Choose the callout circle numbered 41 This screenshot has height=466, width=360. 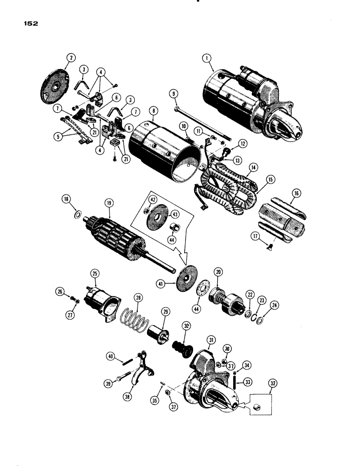(161, 282)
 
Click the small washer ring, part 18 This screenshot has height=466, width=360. (77, 216)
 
